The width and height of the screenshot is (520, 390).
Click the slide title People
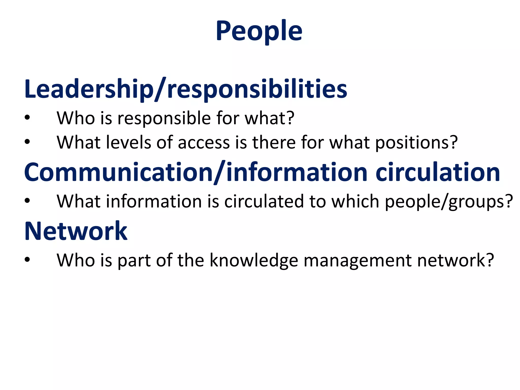point(259,31)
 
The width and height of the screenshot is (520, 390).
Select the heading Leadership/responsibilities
point(186,89)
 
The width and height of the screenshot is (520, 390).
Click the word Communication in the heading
point(118,172)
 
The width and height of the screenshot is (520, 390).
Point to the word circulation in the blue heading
point(438,172)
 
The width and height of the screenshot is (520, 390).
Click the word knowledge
point(254,261)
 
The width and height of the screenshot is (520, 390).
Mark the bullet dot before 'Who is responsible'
point(27,118)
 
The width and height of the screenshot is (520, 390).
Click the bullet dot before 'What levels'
point(27,142)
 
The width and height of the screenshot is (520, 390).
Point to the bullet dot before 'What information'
point(27,201)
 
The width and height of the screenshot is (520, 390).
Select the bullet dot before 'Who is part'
point(27,260)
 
